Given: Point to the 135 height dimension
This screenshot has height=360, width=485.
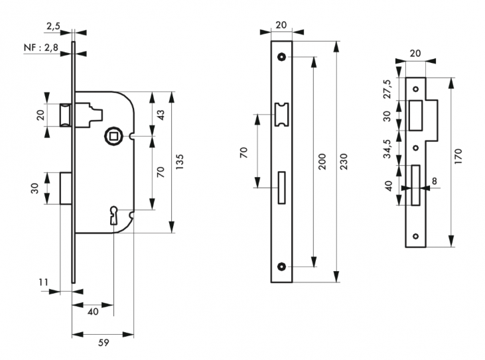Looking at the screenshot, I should pyautogui.click(x=180, y=162).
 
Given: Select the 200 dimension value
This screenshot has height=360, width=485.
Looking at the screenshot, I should pyautogui.click(x=322, y=162).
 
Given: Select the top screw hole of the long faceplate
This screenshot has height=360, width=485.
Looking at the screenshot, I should pyautogui.click(x=281, y=56).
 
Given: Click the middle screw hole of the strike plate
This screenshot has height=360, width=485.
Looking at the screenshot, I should pyautogui.click(x=416, y=148).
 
